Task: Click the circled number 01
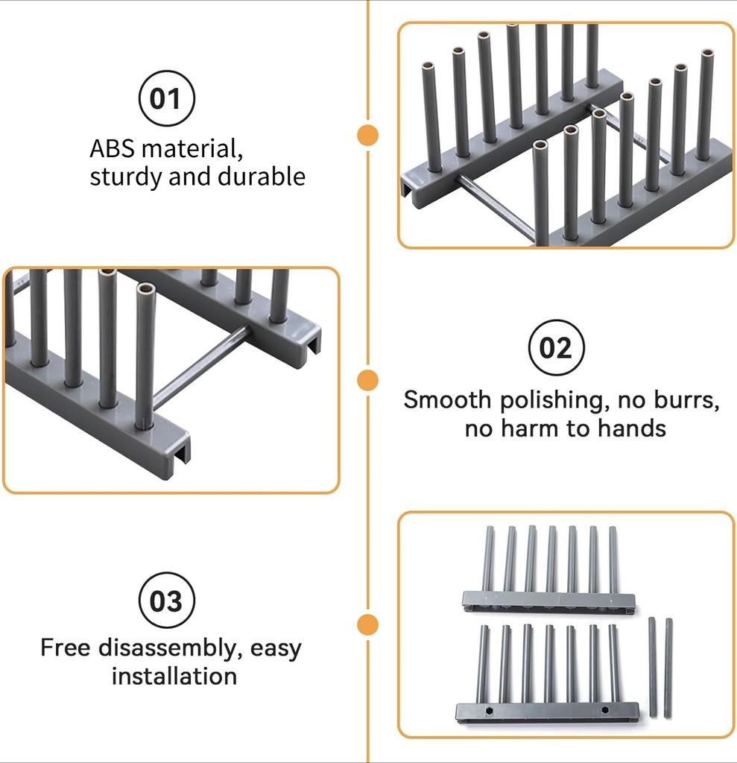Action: point(166,98)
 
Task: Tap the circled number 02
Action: point(556,348)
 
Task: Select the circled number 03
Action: point(166,600)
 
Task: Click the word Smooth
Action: point(448,400)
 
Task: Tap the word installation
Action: point(174,676)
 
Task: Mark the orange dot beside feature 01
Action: point(367,135)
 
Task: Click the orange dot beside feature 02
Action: point(367,380)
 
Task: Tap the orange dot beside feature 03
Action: point(367,624)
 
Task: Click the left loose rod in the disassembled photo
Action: point(653,667)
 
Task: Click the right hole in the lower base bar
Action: point(604,710)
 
